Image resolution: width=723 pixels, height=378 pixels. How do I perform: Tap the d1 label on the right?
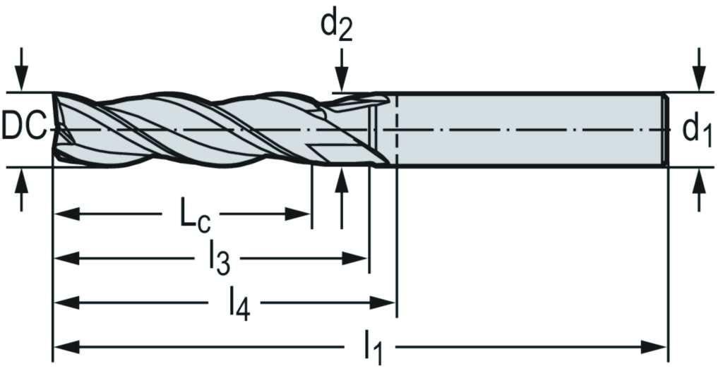coord(696,131)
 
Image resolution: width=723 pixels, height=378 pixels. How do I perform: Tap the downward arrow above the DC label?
coord(23,71)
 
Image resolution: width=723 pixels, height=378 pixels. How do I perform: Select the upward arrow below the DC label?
coord(23,188)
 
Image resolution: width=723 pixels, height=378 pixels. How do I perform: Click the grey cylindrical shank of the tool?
coord(530,129)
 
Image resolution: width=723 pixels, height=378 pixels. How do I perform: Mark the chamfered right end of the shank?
coord(665,129)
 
